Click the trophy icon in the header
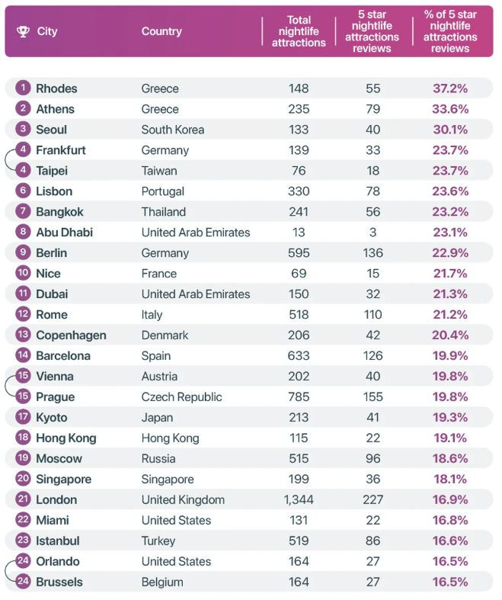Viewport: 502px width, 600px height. (23, 31)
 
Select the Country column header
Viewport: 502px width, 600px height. (161, 31)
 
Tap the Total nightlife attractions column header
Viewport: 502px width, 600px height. (299, 31)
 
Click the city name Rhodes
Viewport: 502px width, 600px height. (56, 88)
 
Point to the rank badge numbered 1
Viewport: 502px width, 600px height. (24, 88)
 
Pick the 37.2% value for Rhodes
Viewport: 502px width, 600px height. (450, 88)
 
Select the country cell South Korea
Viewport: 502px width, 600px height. (172, 130)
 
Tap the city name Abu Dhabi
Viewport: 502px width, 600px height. (64, 233)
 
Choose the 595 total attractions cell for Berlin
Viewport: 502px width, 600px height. (299, 253)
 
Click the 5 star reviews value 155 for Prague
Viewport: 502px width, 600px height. (373, 397)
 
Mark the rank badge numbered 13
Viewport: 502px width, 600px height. (24, 335)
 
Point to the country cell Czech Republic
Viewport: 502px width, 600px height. (181, 397)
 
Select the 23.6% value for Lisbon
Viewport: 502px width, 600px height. (450, 191)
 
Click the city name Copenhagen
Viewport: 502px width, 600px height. (71, 335)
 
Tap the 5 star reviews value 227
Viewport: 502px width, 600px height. (373, 500)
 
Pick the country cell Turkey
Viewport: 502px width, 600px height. (158, 541)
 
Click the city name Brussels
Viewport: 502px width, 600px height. (59, 582)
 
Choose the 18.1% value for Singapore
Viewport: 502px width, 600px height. (450, 480)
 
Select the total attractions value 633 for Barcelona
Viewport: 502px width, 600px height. (299, 356)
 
